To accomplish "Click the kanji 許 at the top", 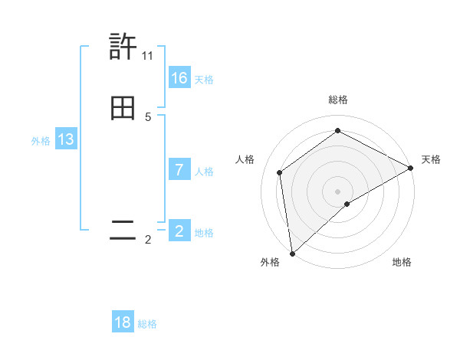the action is click(x=123, y=47).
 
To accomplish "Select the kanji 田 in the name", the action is click(x=123, y=110).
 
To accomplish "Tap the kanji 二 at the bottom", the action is click(x=123, y=231).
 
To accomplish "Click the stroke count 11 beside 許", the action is click(x=147, y=56).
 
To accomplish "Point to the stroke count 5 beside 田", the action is click(x=148, y=117).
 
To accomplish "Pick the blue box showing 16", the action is click(x=179, y=78).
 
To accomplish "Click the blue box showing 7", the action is click(x=179, y=170).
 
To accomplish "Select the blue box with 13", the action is click(x=66, y=139).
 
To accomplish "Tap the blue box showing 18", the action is click(x=123, y=322).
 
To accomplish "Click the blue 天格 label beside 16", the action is click(x=204, y=80).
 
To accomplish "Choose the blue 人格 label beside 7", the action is click(x=204, y=172).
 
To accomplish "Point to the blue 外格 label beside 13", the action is click(x=41, y=141).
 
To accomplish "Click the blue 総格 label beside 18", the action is click(x=147, y=324).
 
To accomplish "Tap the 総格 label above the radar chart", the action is click(x=338, y=100).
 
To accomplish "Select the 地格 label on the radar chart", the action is click(x=402, y=262).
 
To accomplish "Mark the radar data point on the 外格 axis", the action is click(x=292, y=253).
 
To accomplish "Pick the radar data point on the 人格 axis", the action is click(x=280, y=172).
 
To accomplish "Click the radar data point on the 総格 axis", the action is click(x=338, y=130).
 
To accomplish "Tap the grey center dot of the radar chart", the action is click(x=338, y=191).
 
